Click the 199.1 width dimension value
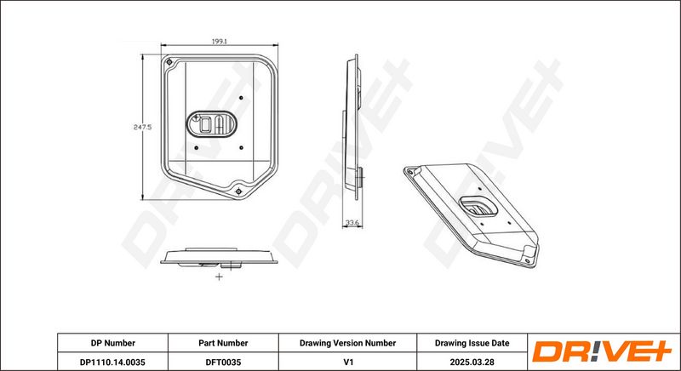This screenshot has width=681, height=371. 220,42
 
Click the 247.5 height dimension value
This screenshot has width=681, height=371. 142,127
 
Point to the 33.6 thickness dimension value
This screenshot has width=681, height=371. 352,223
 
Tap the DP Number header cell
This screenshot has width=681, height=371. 113,343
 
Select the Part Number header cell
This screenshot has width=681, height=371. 223,343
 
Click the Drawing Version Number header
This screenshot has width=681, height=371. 347,343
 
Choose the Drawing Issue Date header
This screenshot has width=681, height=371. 472,343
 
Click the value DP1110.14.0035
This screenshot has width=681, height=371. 113,362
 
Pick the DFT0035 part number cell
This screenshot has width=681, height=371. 223,362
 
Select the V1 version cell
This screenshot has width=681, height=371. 347,362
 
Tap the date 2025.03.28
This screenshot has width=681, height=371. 472,362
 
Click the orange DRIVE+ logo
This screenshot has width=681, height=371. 602,351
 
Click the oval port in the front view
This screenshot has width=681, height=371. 211,124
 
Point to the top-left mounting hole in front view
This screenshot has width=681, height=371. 169,62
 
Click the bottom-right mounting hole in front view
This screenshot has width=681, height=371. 238,191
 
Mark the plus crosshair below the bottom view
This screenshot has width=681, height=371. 219,277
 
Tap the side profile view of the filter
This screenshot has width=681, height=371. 353,127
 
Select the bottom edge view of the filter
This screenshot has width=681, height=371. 219,257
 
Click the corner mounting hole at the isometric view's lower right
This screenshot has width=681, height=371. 528,260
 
